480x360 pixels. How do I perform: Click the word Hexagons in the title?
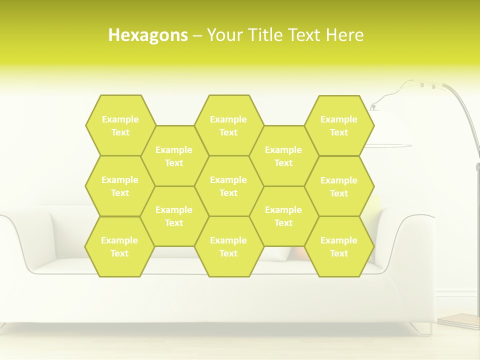click(148, 35)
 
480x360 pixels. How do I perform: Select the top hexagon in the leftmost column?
click(120, 125)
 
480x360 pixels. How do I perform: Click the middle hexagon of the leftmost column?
click(120, 186)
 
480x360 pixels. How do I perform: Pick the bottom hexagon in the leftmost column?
click(119, 246)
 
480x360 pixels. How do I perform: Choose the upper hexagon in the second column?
click(174, 156)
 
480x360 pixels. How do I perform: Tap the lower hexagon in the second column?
click(174, 216)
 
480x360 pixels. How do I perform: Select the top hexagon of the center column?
click(228, 125)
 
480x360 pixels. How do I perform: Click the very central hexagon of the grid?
click(228, 186)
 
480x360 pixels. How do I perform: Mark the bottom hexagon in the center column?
click(228, 246)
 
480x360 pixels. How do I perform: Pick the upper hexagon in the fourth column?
click(283, 156)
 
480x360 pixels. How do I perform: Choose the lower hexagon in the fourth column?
click(283, 216)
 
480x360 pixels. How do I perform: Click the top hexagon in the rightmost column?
click(339, 125)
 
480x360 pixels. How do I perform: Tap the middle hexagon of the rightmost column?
click(339, 186)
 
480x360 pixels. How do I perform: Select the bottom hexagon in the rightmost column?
click(339, 246)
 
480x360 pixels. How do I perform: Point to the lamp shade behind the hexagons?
click(392, 127)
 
